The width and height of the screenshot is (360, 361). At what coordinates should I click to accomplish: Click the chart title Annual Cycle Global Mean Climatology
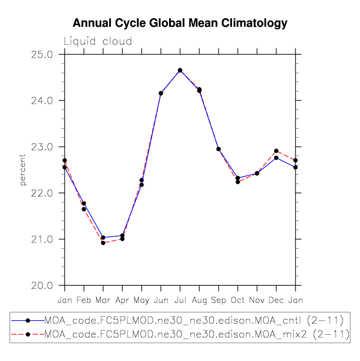pyautogui.click(x=180, y=23)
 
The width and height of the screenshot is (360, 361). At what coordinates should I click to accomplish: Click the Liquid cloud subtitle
pyautogui.click(x=98, y=42)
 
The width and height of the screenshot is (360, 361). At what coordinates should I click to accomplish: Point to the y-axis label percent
pyautogui.click(x=22, y=170)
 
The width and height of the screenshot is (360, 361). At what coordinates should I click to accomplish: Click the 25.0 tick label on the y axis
pyautogui.click(x=42, y=54)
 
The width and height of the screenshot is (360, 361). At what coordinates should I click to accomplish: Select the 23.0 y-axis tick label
pyautogui.click(x=42, y=147)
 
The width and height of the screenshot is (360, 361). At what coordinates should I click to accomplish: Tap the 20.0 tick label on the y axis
pyautogui.click(x=42, y=286)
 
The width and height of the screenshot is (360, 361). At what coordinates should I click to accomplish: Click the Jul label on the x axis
pyautogui.click(x=180, y=300)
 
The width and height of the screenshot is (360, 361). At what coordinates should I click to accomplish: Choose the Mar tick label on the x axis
pyautogui.click(x=103, y=300)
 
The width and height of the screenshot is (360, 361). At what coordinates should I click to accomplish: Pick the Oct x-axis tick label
pyautogui.click(x=238, y=300)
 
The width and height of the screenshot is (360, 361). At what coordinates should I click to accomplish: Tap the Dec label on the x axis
pyautogui.click(x=276, y=300)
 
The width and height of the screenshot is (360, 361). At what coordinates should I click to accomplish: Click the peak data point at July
pyautogui.click(x=180, y=70)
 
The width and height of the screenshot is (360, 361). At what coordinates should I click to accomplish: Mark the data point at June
pyautogui.click(x=161, y=93)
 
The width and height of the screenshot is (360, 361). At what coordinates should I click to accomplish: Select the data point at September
pyautogui.click(x=218, y=149)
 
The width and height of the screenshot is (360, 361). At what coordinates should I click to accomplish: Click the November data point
pyautogui.click(x=257, y=174)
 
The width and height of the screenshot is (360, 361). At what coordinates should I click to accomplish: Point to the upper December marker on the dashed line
pyautogui.click(x=276, y=151)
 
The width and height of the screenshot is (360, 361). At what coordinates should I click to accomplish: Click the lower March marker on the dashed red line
pyautogui.click(x=103, y=243)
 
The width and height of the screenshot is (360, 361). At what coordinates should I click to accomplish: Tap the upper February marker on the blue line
pyautogui.click(x=84, y=203)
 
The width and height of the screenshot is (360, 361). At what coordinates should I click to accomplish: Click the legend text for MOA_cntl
pyautogui.click(x=194, y=320)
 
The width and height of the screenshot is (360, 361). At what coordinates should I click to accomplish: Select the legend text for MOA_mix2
pyautogui.click(x=197, y=334)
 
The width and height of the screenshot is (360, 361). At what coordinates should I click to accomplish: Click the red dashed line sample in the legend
pyautogui.click(x=28, y=334)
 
